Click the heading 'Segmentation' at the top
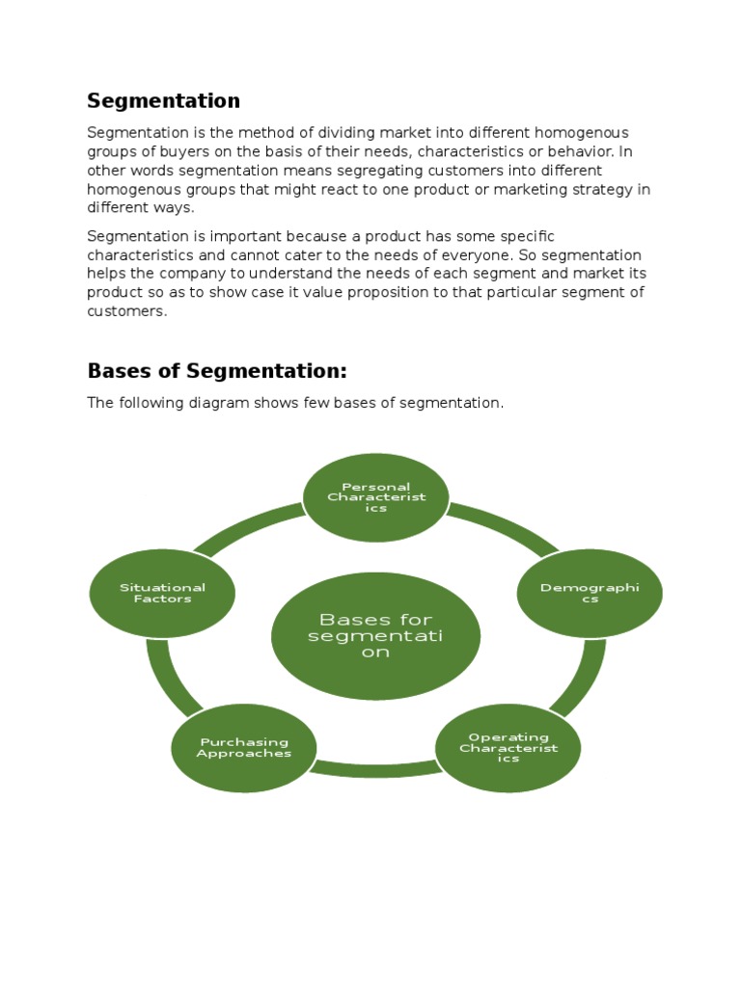[163, 101]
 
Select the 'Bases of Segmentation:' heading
[216, 371]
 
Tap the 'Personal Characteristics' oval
[376, 497]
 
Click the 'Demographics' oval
[590, 593]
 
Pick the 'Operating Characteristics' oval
[508, 748]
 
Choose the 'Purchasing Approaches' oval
[244, 748]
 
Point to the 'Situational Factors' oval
[162, 593]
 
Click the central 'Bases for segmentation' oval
[376, 635]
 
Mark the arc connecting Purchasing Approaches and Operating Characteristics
[376, 768]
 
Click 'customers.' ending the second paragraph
[127, 311]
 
